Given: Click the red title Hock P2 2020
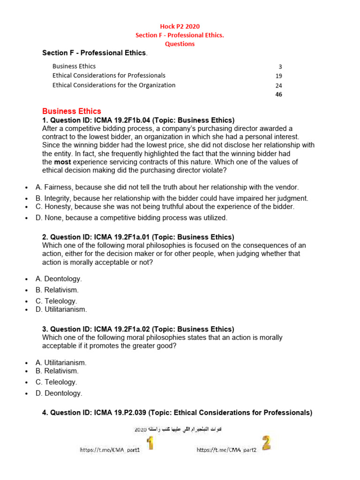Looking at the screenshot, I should point(180,26).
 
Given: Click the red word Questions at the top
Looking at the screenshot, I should point(180,44).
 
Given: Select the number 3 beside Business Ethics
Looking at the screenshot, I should point(280,67).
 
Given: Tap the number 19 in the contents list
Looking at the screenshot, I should point(279,76).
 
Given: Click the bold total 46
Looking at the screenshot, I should point(279,94).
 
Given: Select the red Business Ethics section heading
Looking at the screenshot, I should point(71,111).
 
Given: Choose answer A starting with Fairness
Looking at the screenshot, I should point(167,187).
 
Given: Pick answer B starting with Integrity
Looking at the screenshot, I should point(172,198).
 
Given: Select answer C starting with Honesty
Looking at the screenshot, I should point(165,206).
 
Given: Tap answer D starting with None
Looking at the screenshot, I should point(131,217).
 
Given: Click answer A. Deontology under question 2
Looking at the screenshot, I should point(59,279).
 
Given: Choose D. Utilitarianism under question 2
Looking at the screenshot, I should point(61,309).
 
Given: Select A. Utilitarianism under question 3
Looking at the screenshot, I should point(61,362).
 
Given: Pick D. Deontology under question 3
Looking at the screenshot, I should point(59,393).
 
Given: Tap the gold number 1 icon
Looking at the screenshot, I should point(150,443).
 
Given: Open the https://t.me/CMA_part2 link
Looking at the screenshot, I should point(226,450).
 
